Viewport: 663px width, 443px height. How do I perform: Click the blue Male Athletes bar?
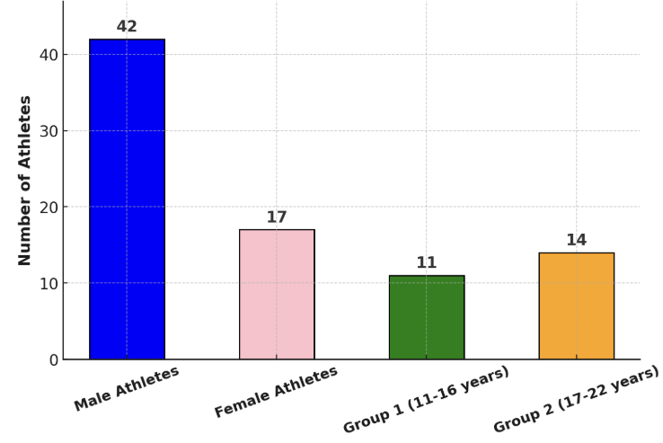pyautogui.click(x=127, y=199)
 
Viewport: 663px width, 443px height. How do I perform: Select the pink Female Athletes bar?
pyautogui.click(x=277, y=294)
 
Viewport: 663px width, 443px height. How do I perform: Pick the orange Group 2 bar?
pyautogui.click(x=577, y=306)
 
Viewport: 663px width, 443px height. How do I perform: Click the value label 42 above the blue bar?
pyautogui.click(x=127, y=27)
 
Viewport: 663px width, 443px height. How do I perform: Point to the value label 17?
pyautogui.click(x=277, y=217)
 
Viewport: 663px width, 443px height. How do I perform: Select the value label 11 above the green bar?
pyautogui.click(x=427, y=263)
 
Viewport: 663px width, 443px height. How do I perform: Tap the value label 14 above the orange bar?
pyautogui.click(x=577, y=240)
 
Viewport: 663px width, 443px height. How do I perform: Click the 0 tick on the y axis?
pyautogui.click(x=54, y=360)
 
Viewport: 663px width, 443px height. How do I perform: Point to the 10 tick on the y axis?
pyautogui.click(x=49, y=284)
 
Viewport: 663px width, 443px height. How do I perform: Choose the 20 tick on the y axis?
pyautogui.click(x=49, y=208)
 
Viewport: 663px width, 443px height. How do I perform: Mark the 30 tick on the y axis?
pyautogui.click(x=49, y=131)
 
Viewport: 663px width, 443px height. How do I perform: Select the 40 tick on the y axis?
pyautogui.click(x=49, y=55)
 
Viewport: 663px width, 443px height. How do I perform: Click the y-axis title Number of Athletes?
pyautogui.click(x=25, y=180)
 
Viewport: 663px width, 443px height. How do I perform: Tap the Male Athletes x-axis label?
pyautogui.click(x=127, y=389)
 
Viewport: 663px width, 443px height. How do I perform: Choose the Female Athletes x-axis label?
pyautogui.click(x=277, y=392)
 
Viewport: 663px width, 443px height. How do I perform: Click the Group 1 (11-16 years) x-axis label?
pyautogui.click(x=427, y=399)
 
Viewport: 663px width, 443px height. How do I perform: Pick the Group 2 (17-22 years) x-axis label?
pyautogui.click(x=577, y=399)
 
